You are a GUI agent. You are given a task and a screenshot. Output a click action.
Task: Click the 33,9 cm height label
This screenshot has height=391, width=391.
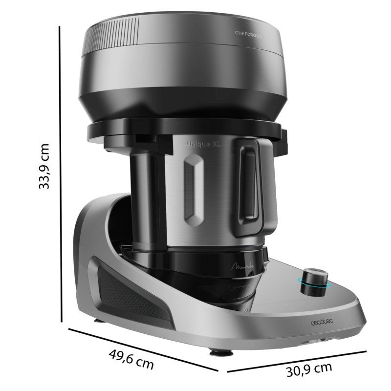45,166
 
